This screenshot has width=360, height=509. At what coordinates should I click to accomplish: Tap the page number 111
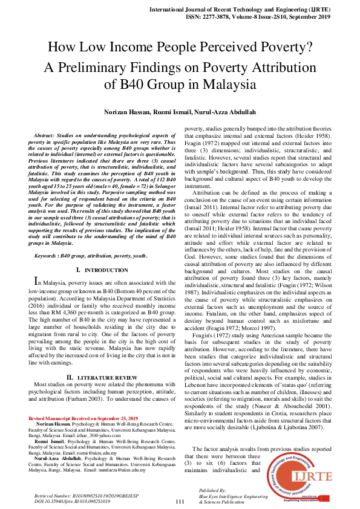pos(180,501)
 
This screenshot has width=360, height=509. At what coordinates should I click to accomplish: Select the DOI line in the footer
pos(73,501)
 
